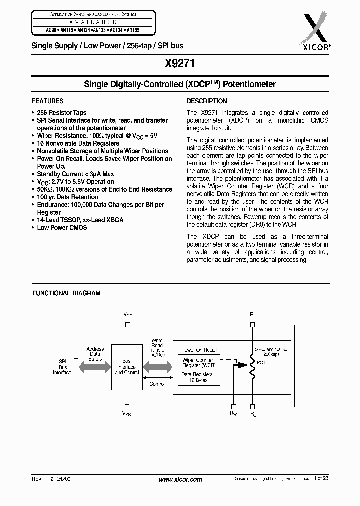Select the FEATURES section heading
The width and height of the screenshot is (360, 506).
coord(48,101)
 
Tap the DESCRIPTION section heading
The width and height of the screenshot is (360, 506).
coord(207,101)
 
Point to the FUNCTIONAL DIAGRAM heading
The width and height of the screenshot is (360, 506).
coord(66,293)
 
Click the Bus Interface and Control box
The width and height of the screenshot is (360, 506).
coord(127,367)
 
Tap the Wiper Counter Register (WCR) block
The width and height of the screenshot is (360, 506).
coord(198,363)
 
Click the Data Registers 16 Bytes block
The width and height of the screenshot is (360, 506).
coord(197,377)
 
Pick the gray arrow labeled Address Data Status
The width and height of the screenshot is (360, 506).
coord(94,367)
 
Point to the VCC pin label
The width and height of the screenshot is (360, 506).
coord(128,315)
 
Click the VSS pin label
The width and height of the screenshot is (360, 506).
coord(127,414)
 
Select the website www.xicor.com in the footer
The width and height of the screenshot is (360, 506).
coord(180,479)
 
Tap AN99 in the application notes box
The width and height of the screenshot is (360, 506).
coord(38,30)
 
